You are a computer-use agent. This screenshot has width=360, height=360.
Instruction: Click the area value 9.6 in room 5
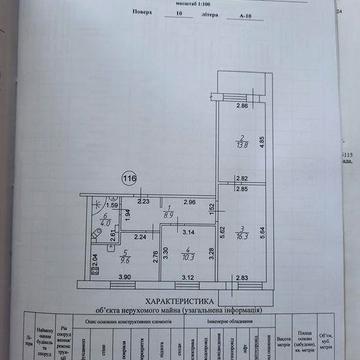(x=126, y=261)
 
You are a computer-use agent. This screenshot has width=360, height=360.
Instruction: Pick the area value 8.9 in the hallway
(x=170, y=216)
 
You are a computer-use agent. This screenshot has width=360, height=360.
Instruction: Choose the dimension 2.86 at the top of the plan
(x=240, y=105)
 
